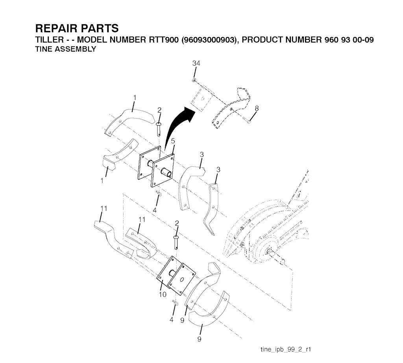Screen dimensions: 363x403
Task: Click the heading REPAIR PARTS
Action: click(76, 29)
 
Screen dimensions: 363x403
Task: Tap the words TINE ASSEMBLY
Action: click(66, 49)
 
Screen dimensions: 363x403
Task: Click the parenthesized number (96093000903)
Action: click(209, 40)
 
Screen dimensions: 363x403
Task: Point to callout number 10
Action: click(163, 294)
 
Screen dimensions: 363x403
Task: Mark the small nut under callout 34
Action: click(194, 80)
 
